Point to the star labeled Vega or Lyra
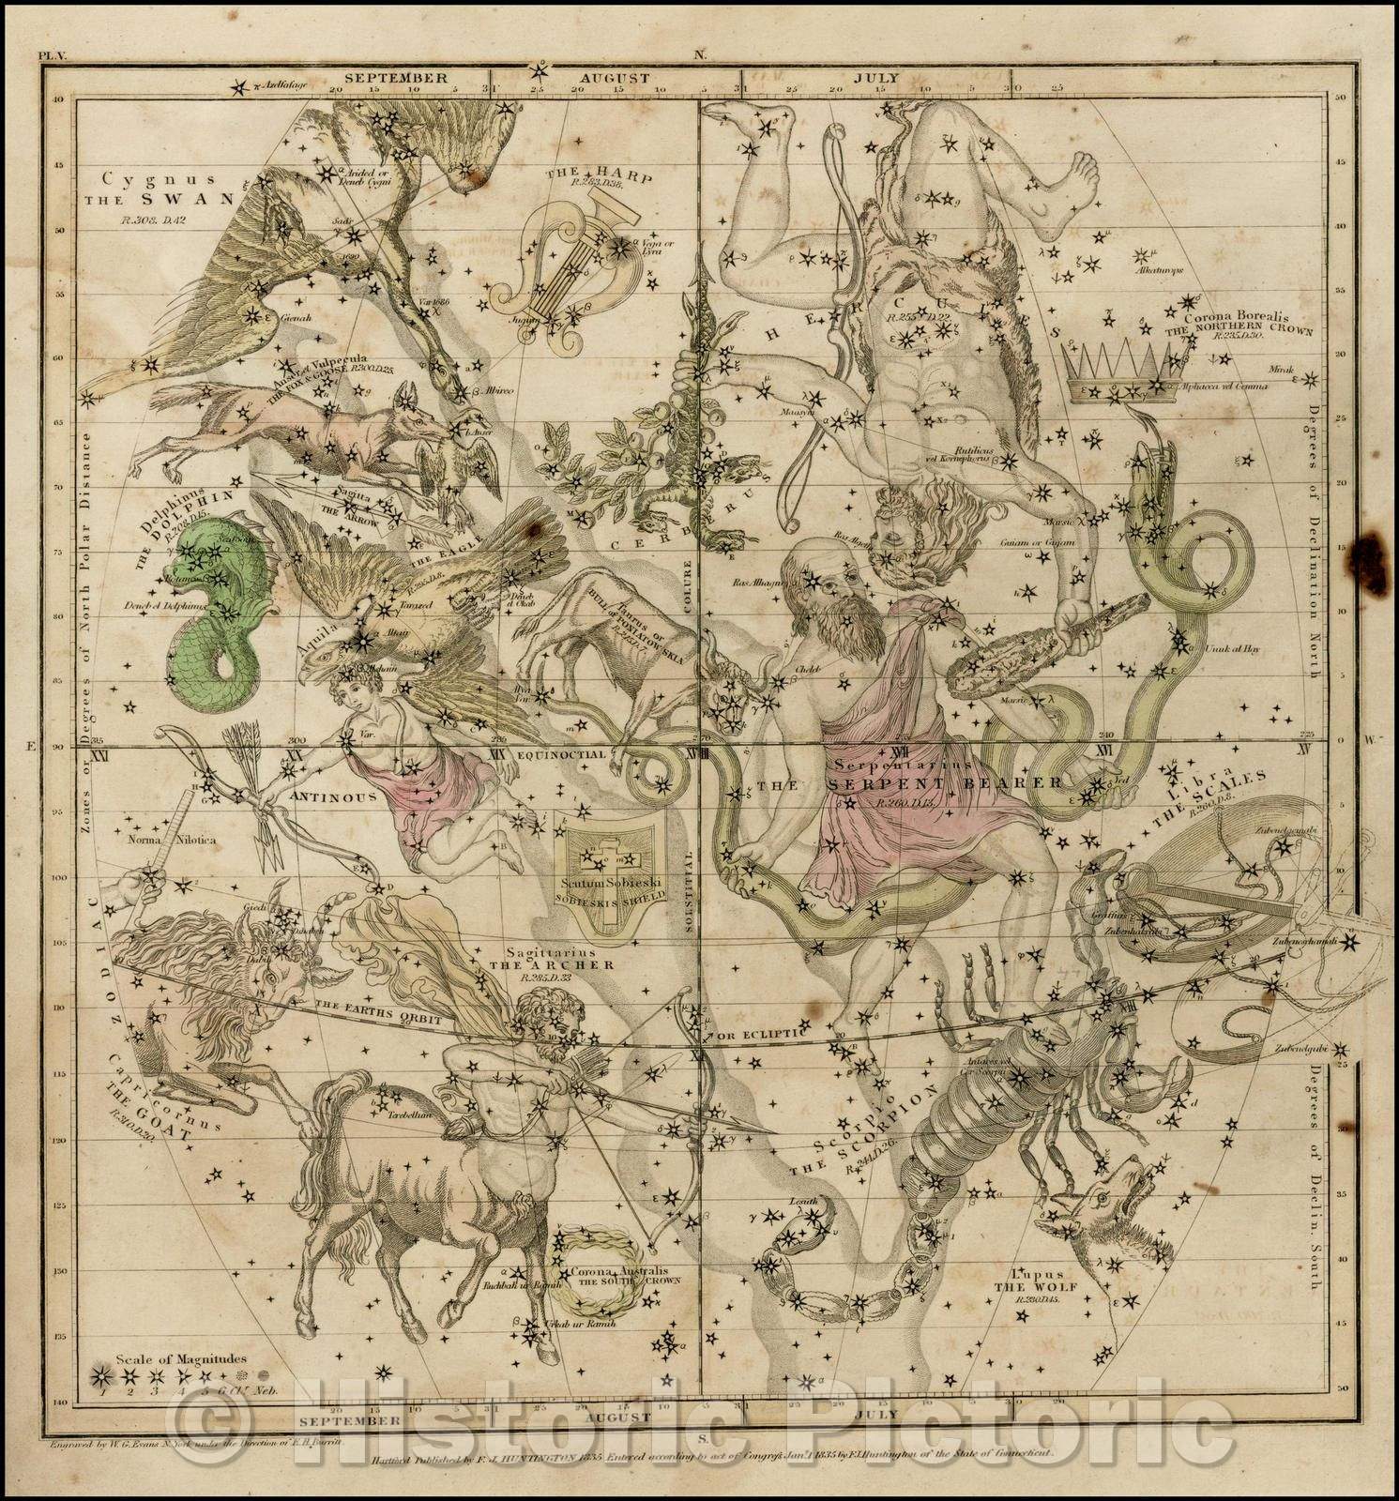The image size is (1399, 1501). [x=620, y=248]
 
